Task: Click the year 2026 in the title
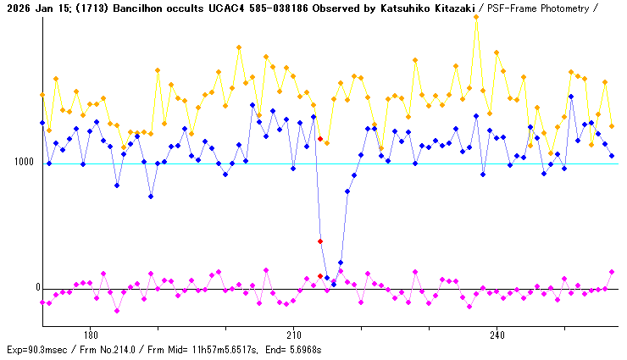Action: [17, 8]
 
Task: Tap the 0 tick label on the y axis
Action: [37, 288]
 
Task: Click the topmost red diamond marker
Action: [320, 138]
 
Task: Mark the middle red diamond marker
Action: [320, 241]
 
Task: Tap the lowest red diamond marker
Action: [320, 276]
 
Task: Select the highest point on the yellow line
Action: [476, 16]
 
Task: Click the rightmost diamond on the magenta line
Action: [612, 272]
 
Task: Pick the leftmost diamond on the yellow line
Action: [42, 95]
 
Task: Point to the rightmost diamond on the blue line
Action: [612, 156]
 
